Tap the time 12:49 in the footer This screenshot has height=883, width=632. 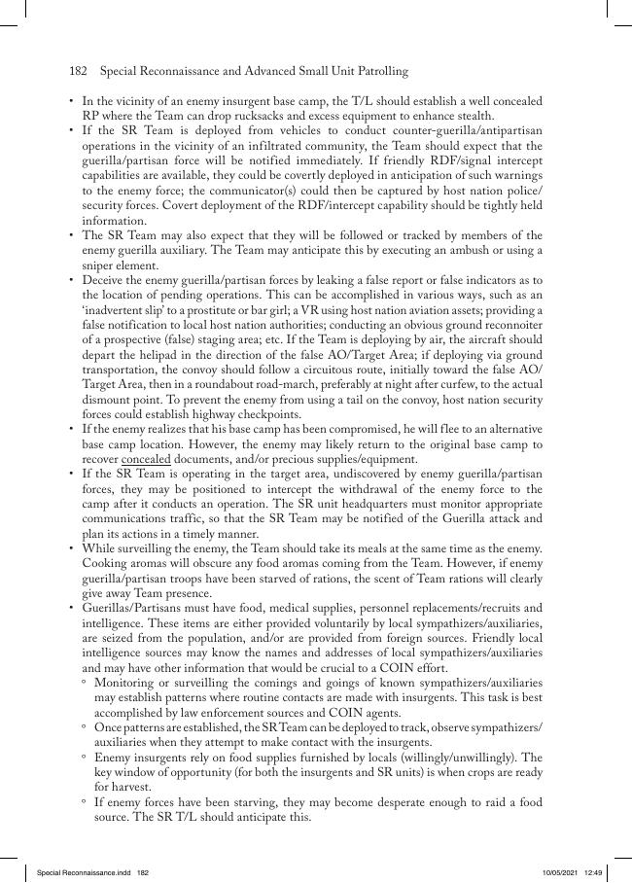coord(595,872)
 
